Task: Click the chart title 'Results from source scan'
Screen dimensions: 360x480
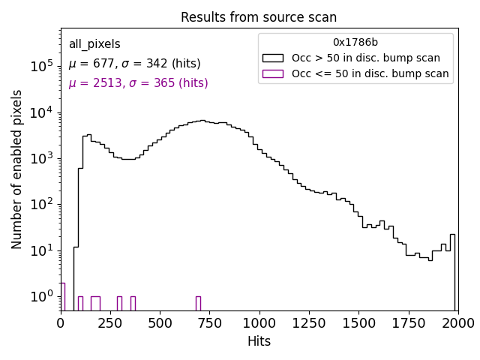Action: pyautogui.click(x=259, y=17)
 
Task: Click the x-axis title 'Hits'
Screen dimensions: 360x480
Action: pyautogui.click(x=259, y=342)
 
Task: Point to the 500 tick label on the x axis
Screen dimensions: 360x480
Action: pyautogui.click(x=160, y=322)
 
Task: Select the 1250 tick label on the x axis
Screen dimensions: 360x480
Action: pyautogui.click(x=308, y=322)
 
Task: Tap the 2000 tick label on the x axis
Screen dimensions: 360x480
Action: pyautogui.click(x=457, y=322)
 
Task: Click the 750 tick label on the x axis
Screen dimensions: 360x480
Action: pyautogui.click(x=209, y=322)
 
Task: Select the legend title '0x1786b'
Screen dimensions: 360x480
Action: pyautogui.click(x=355, y=42)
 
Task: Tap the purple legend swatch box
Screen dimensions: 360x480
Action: pyautogui.click(x=272, y=73)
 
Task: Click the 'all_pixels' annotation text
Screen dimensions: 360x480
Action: pyautogui.click(x=94, y=44)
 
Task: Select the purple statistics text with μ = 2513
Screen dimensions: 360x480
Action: pyautogui.click(x=138, y=83)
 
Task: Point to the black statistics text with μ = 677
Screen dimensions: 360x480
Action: pyautogui.click(x=134, y=64)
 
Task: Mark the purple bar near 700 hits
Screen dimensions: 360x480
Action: pyautogui.click(x=198, y=303)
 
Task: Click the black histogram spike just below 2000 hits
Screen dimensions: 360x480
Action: pyautogui.click(x=452, y=270)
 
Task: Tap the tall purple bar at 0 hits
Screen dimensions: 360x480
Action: pyautogui.click(x=62, y=296)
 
